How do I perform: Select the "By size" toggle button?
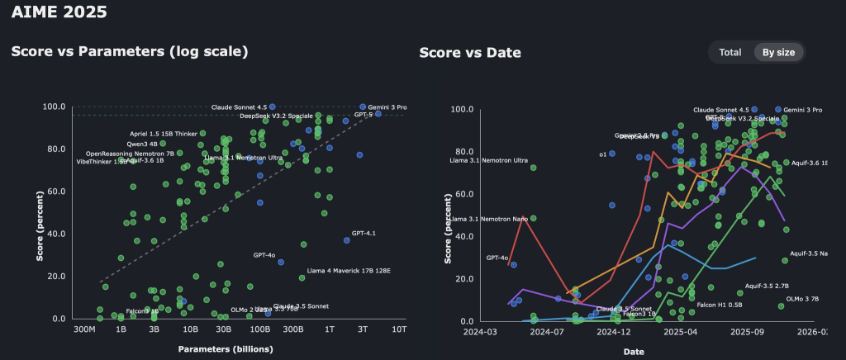pyautogui.click(x=778, y=52)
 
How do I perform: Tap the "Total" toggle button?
pyautogui.click(x=730, y=52)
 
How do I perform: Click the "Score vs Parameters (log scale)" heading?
pyautogui.click(x=129, y=51)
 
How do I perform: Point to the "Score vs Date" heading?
pyautogui.click(x=470, y=53)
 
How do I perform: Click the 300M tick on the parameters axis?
pyautogui.click(x=87, y=329)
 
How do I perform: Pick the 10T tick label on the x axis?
pyautogui.click(x=399, y=329)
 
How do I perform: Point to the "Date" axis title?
pyautogui.click(x=634, y=351)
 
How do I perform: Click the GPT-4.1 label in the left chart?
pyautogui.click(x=364, y=234)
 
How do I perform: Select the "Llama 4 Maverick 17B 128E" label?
pyautogui.click(x=348, y=271)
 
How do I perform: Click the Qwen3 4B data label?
pyautogui.click(x=141, y=144)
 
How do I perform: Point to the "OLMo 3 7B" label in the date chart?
pyautogui.click(x=801, y=299)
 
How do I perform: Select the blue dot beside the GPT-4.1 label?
pyautogui.click(x=346, y=240)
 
